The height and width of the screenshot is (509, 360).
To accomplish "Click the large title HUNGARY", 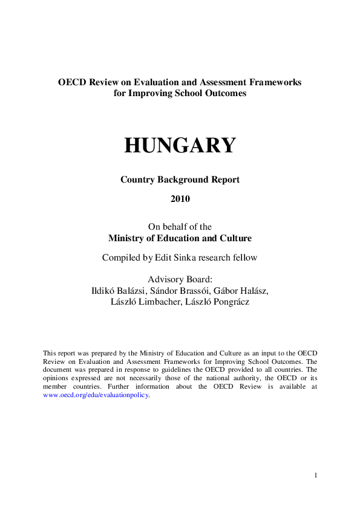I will click(180, 146).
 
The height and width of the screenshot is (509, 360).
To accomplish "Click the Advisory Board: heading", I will click(180, 279).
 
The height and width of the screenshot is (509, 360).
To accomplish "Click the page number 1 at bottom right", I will click(315, 476).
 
